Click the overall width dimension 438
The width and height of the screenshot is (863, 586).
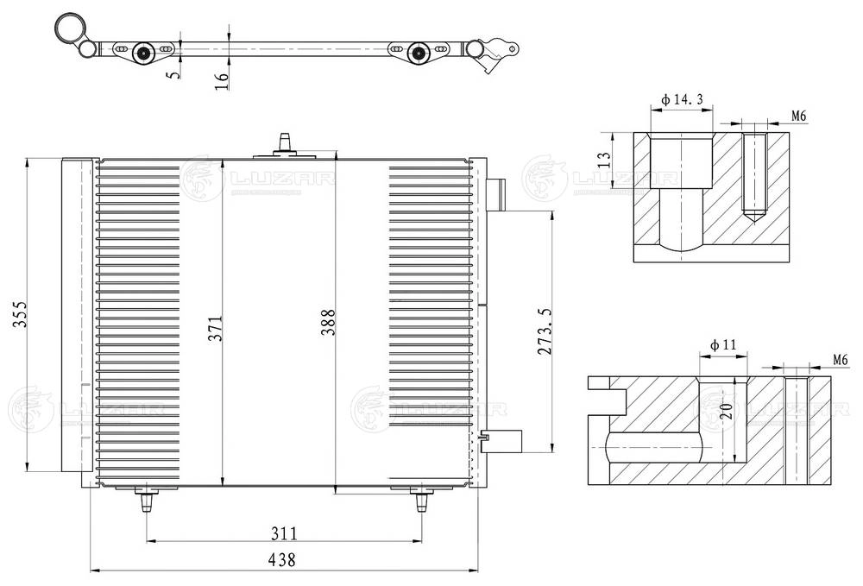[x=282, y=559]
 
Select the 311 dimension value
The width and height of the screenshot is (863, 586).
[x=282, y=532]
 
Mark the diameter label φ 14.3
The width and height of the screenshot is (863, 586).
[x=682, y=100]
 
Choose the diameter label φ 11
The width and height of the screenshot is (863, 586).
[x=723, y=345]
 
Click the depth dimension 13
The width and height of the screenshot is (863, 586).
[x=605, y=159]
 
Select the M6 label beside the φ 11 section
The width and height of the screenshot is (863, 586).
[x=840, y=359]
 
